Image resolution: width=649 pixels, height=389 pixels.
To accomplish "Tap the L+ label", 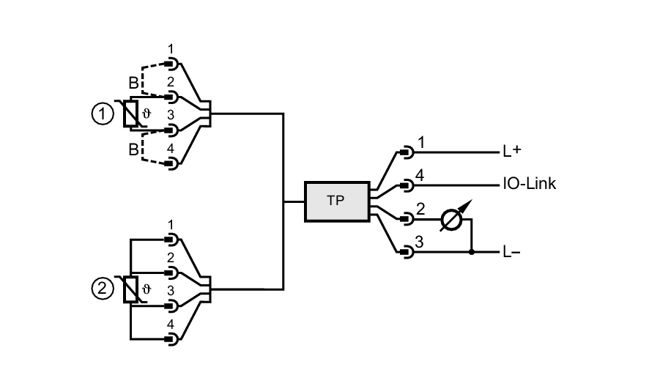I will coord(512,152).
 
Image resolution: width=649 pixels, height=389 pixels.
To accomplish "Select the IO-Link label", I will coord(529,184).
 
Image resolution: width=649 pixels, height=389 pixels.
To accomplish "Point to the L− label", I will coord(511,253).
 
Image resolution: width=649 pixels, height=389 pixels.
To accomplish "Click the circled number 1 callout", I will coord(102,114).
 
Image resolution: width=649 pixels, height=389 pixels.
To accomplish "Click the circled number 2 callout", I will coord(102,289).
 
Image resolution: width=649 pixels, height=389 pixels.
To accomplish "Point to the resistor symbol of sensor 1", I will coord(130,114).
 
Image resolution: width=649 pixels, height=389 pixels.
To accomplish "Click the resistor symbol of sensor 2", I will coord(130,289).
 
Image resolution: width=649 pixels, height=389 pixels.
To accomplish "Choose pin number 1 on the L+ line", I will coord(420,142).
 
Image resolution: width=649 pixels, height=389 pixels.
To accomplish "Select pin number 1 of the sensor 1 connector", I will coord(171,48).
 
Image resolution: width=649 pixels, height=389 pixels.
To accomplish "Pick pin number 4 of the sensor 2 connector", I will coord(171,324).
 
